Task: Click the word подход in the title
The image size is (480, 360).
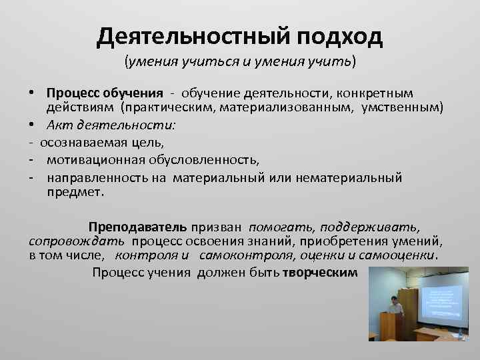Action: pyautogui.click(x=341, y=38)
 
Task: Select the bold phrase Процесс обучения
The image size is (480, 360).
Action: pyautogui.click(x=105, y=93)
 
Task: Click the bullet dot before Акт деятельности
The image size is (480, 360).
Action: pyautogui.click(x=31, y=125)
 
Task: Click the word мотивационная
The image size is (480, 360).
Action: pyautogui.click(x=91, y=160)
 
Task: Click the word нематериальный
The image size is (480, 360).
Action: pyautogui.click(x=354, y=177)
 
